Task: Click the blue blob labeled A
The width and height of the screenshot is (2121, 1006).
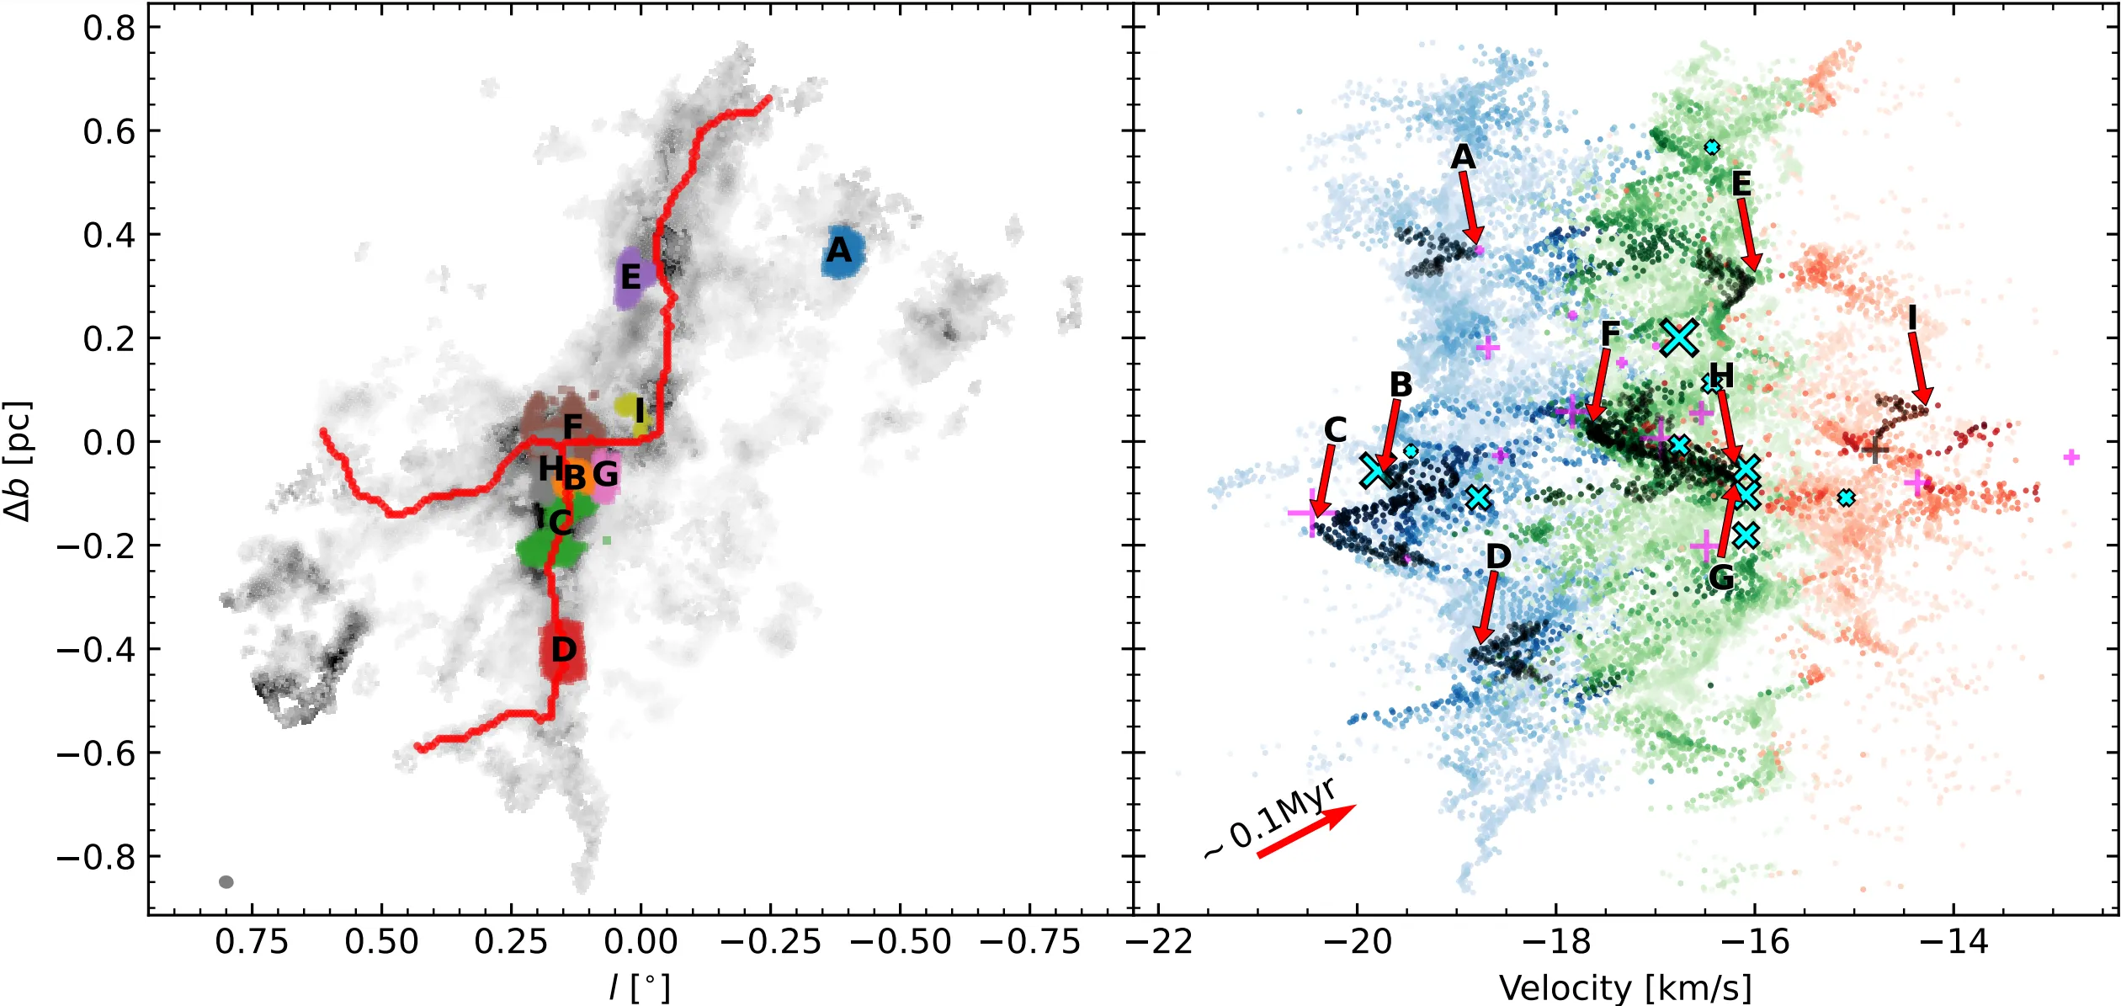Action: click(842, 252)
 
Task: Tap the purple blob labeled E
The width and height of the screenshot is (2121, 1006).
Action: click(630, 278)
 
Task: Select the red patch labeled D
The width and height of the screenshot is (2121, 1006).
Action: click(562, 651)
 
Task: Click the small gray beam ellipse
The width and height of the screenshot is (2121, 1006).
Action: click(226, 882)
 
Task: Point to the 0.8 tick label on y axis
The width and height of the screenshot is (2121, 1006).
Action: click(109, 28)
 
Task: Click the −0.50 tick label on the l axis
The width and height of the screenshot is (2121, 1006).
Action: click(901, 941)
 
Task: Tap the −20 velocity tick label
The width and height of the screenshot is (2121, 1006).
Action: click(1357, 941)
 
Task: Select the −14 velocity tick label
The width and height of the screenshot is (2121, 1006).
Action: click(1954, 941)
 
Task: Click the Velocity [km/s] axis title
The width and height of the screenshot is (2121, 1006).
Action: click(1625, 987)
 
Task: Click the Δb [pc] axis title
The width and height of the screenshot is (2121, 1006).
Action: click(19, 461)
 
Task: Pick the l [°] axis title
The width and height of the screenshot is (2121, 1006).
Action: click(640, 987)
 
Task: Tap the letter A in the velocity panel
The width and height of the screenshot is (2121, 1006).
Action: click(1463, 157)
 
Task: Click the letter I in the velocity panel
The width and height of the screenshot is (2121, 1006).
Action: click(1912, 319)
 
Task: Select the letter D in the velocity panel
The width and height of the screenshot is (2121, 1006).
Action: click(1498, 556)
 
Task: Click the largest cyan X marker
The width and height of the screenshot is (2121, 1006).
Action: click(1679, 338)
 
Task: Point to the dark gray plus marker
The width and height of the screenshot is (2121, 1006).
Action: click(1874, 450)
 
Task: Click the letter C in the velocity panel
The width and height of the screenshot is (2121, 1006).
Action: click(1335, 430)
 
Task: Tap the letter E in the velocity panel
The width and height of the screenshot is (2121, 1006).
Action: click(1741, 184)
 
